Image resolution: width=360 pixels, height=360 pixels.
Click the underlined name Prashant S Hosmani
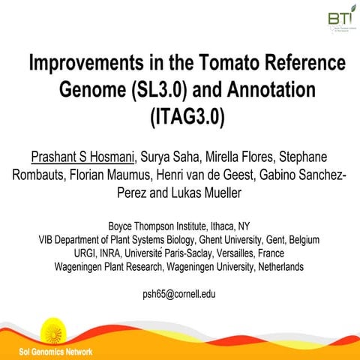tap(83, 157)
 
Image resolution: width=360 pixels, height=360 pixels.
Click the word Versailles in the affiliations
tap(226, 253)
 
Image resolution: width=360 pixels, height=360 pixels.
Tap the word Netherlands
tap(273, 267)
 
